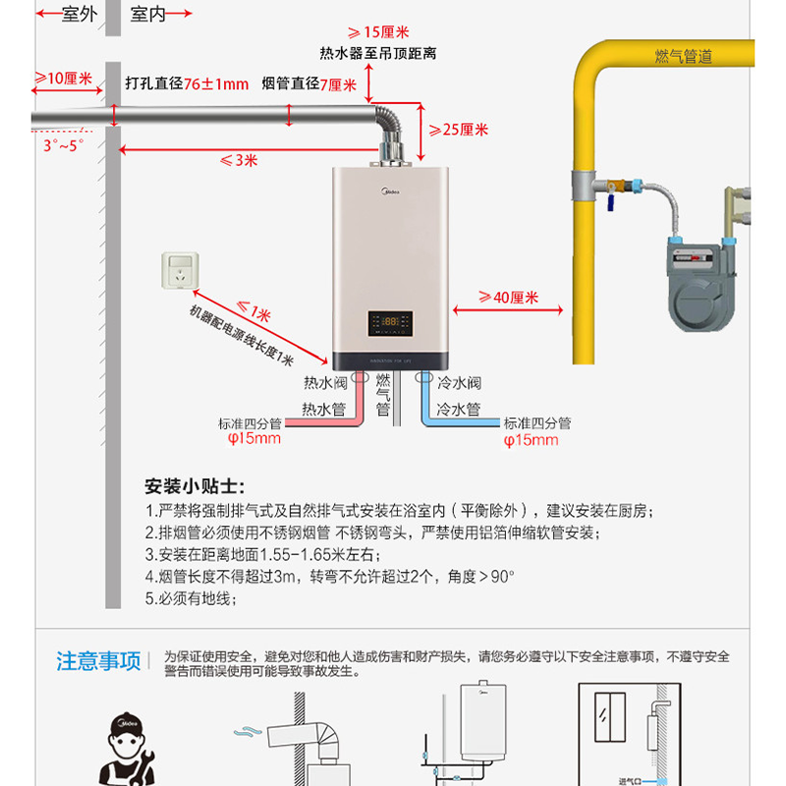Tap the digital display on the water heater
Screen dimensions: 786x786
coord(390,320)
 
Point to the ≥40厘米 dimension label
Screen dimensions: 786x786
coord(508,297)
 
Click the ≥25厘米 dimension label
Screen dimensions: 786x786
coord(459,130)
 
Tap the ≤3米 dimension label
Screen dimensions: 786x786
coord(238,160)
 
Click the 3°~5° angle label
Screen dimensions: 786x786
coord(63,145)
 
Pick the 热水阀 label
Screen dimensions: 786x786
coord(324,383)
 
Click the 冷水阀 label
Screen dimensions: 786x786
coord(459,383)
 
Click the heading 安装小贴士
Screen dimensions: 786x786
coord(195,487)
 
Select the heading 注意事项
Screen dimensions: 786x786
coord(98,660)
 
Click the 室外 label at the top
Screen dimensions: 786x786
coord(79,14)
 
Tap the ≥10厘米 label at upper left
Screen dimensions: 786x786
coord(64,79)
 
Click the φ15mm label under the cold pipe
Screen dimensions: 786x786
coord(531,439)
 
